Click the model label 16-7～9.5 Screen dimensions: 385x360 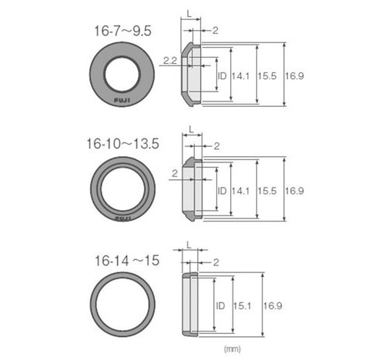click(123, 32)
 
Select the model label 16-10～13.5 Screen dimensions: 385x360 click(123, 144)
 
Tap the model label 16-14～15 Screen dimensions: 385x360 click(127, 261)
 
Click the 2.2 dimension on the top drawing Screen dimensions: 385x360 click(170, 61)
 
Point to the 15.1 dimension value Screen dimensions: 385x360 click(242, 305)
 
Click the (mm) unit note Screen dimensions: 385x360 click(233, 348)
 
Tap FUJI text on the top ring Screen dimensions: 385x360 click(122, 100)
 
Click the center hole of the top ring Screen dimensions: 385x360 click(122, 74)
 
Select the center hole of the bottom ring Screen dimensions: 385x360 click(122, 305)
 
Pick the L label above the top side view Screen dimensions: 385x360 click(189, 14)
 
